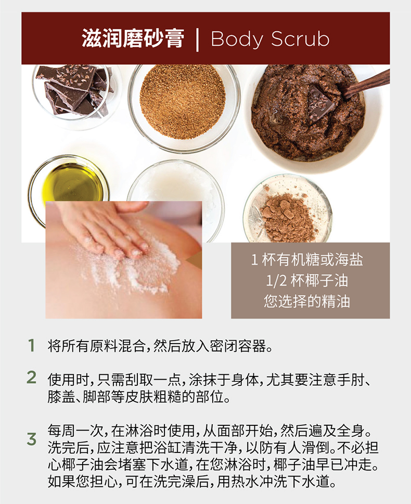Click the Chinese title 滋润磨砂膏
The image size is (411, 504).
tap(133, 39)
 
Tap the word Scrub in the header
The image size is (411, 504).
tap(300, 39)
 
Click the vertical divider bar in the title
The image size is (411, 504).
tap(197, 40)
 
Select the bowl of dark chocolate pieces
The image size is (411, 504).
tap(74, 93)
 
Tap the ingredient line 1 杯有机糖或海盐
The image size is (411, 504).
tap(307, 260)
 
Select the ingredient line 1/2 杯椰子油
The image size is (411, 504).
tap(307, 281)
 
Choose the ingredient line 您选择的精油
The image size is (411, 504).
tap(307, 301)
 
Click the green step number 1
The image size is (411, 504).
tap(31, 346)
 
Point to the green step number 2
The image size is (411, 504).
tap(31, 377)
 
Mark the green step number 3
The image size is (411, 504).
tap(31, 439)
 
